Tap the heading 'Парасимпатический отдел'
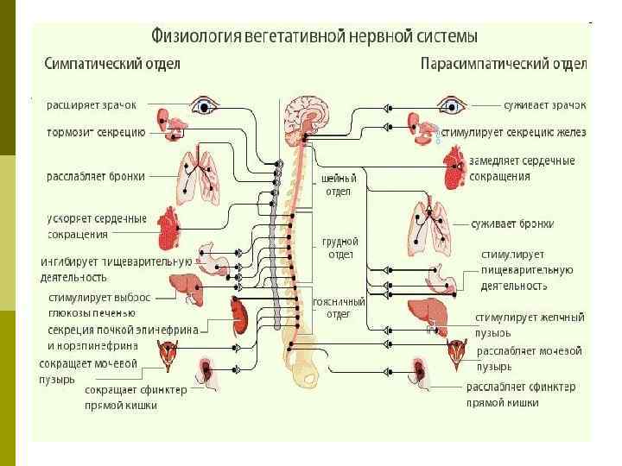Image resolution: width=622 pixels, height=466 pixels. [x=504, y=65]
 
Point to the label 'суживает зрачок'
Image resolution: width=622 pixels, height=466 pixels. [x=544, y=104]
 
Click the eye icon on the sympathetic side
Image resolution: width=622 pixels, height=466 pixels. [x=203, y=106]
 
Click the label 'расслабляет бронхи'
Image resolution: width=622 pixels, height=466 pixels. [x=95, y=176]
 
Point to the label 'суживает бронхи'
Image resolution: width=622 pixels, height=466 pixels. [x=511, y=224]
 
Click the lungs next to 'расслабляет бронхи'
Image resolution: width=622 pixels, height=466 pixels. [x=195, y=175]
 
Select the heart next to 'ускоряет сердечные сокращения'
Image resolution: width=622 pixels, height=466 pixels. [x=170, y=227]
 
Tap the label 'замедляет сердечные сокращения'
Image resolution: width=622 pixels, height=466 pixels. [x=521, y=168]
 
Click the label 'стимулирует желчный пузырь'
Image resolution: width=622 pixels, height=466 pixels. [x=529, y=324]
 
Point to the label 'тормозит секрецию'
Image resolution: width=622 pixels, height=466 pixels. [x=96, y=133]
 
